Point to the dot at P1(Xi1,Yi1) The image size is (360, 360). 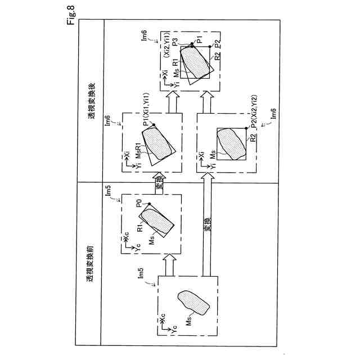(154, 124)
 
